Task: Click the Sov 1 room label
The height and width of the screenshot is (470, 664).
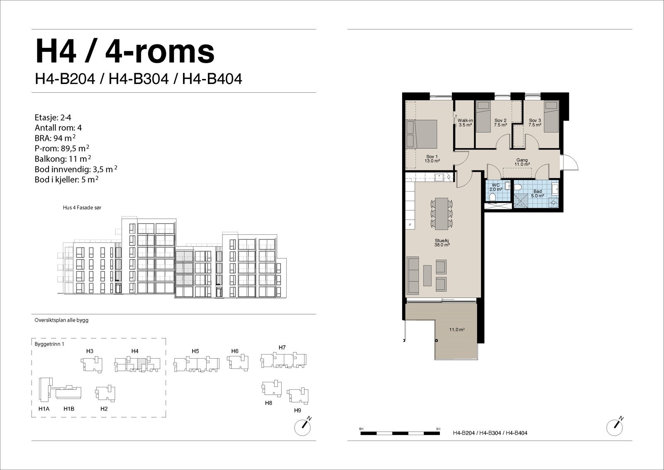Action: pyautogui.click(x=432, y=159)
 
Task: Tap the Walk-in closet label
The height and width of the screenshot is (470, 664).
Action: pyautogui.click(x=465, y=123)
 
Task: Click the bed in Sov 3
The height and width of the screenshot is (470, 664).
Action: pyautogui.click(x=552, y=116)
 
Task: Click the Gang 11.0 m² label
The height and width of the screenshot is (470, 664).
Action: pyautogui.click(x=522, y=162)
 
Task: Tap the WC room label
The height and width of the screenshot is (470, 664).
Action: pyautogui.click(x=496, y=187)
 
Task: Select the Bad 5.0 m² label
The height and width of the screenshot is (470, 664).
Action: pyautogui.click(x=537, y=194)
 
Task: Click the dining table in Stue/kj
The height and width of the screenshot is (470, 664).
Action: pyautogui.click(x=442, y=213)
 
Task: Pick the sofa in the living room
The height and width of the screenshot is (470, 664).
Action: pyautogui.click(x=413, y=275)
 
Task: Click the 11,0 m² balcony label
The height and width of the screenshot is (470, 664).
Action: pyautogui.click(x=456, y=330)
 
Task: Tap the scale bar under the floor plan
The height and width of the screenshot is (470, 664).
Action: pyautogui.click(x=400, y=433)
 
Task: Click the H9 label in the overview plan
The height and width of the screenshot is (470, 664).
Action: pyautogui.click(x=297, y=410)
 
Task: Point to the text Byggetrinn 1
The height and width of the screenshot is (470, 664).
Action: pyautogui.click(x=49, y=344)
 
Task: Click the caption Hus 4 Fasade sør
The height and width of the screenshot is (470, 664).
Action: pyautogui.click(x=82, y=207)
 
